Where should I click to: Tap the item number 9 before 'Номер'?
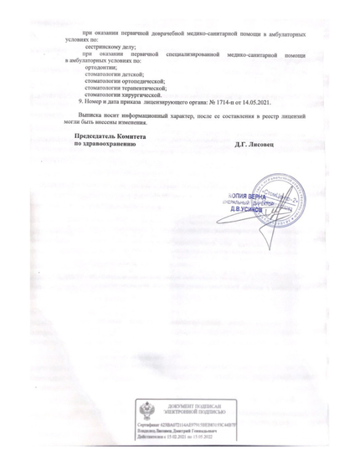coord(80,101)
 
